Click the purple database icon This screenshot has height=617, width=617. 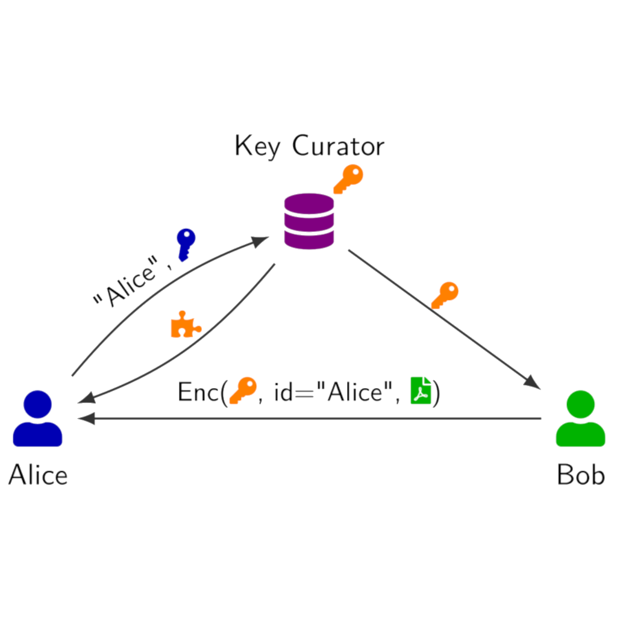pos(308,221)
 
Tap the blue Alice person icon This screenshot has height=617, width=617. pos(37,419)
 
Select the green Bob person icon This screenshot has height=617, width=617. pos(580,419)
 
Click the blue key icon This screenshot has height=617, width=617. pos(185,244)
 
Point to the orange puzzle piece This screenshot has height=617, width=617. pos(185,325)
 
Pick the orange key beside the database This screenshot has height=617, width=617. pos(348,179)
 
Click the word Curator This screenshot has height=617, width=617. pos(338,146)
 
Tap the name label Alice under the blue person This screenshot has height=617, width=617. pos(38,475)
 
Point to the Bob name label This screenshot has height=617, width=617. pos(580,475)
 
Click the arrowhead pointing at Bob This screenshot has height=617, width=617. pos(533,382)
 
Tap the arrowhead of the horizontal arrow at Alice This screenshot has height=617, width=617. pos(86,419)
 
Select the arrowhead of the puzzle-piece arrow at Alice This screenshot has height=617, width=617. pos(86,399)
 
